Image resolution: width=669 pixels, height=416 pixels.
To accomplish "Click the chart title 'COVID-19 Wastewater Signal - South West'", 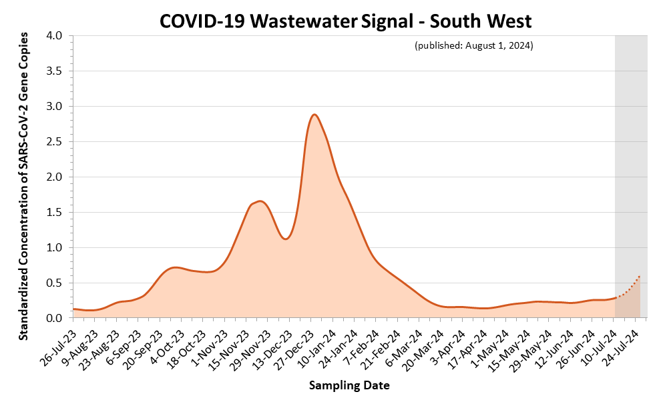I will tap(345, 21).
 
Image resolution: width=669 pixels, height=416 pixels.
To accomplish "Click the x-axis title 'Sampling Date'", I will tap(349, 385).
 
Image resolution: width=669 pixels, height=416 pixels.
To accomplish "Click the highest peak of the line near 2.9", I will tap(314, 115).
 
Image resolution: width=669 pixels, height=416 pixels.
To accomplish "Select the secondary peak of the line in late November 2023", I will tap(260, 201).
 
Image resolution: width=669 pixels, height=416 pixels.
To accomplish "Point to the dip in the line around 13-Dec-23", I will tap(286, 239).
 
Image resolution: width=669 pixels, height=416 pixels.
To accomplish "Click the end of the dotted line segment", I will tap(640, 275).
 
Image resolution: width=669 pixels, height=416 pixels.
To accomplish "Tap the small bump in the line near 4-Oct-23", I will tap(174, 267).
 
